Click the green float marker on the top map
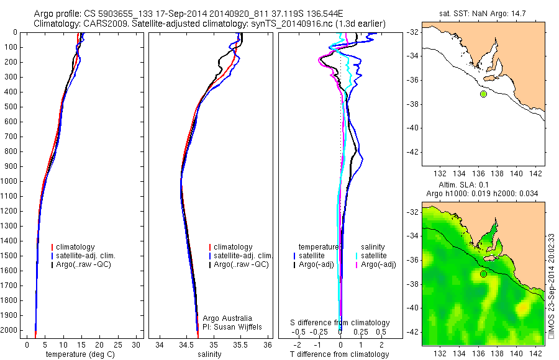[x=483, y=94]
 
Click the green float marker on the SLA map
[x=483, y=274]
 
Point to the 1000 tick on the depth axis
[x=11, y=181]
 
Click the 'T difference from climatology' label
[x=340, y=354]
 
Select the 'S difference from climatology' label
[x=340, y=323]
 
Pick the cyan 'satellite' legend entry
[x=374, y=256]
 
